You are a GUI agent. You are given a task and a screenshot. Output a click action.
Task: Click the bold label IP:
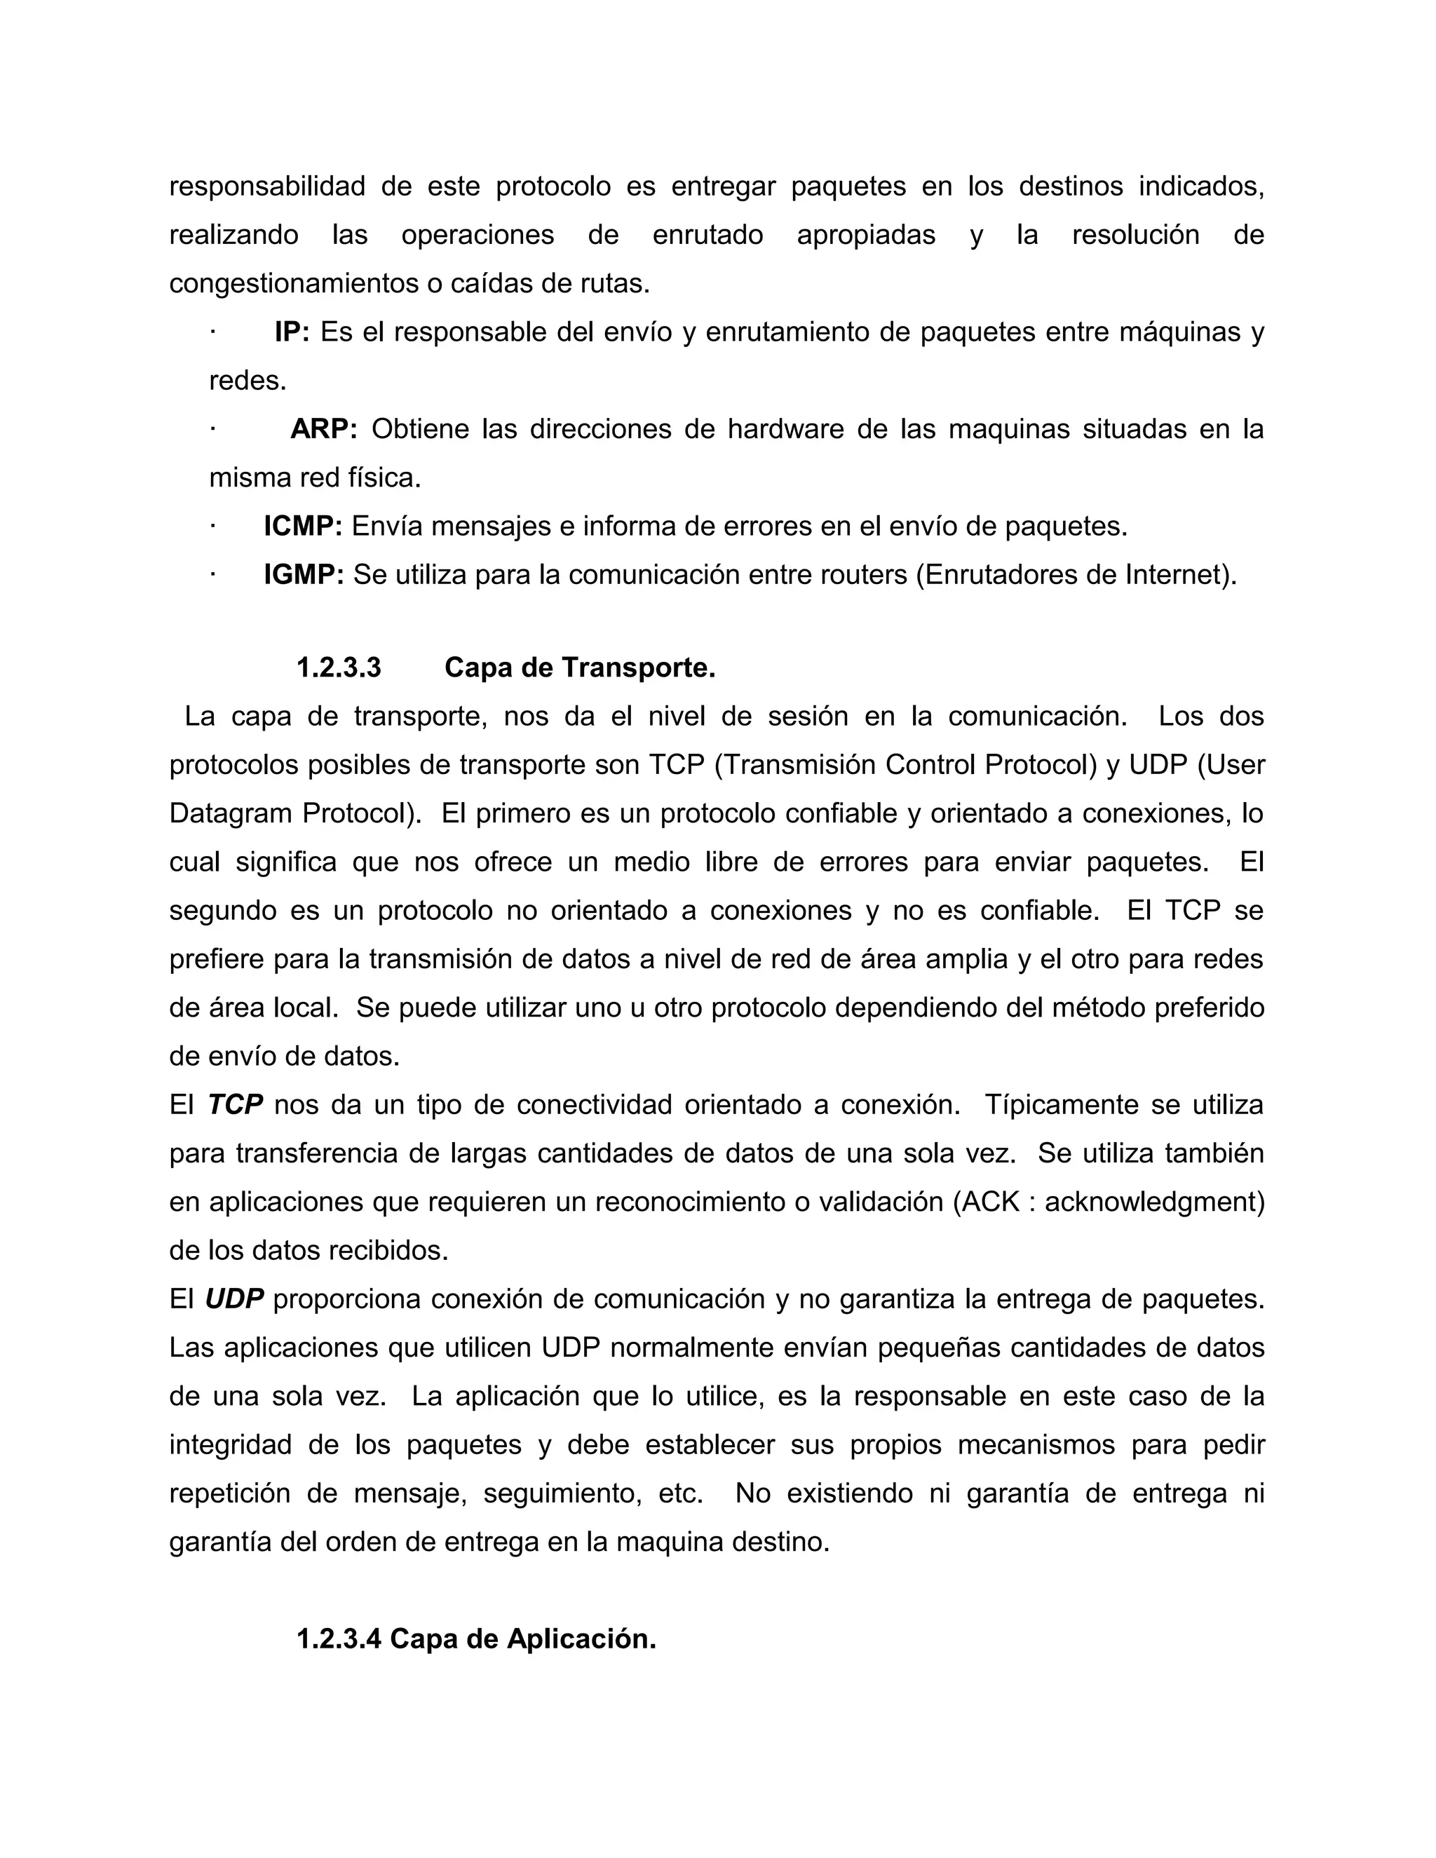(292, 332)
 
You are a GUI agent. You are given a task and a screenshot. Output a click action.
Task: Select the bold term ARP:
(323, 430)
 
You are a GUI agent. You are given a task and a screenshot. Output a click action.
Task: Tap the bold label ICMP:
(302, 527)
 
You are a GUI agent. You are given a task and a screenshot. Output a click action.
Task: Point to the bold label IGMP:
(303, 575)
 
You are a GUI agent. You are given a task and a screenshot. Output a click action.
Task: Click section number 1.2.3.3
(339, 667)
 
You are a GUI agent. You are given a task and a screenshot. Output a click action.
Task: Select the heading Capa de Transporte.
(579, 667)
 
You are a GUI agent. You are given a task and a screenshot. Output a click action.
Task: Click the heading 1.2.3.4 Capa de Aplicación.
(475, 1639)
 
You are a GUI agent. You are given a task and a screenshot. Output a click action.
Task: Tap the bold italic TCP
(235, 1105)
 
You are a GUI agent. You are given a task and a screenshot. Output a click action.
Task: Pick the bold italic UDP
(234, 1299)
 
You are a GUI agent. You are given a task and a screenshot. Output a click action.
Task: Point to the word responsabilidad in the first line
(267, 187)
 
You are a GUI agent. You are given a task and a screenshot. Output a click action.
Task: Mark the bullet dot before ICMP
(212, 527)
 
